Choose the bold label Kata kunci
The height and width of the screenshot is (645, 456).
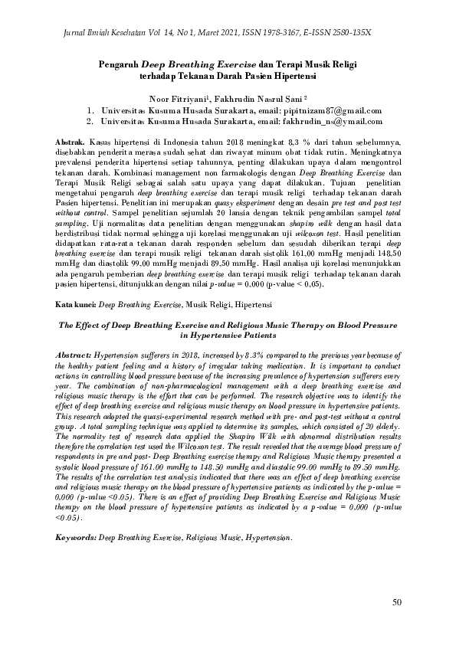[76, 305]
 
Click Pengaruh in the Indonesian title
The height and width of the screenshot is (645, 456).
[120, 64]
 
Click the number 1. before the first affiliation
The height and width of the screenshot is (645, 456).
[90, 111]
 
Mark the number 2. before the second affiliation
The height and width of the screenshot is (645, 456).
[90, 121]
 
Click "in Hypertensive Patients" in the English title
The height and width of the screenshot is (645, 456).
[227, 336]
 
